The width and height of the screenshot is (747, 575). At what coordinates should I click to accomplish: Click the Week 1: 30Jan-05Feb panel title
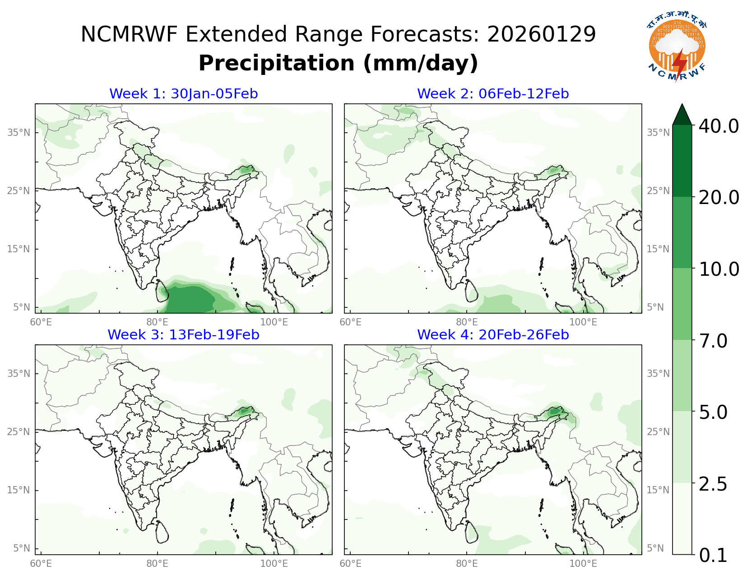click(183, 94)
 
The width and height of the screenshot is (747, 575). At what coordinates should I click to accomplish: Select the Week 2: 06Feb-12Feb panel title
click(493, 94)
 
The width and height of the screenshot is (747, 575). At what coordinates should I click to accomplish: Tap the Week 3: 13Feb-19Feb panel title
click(183, 335)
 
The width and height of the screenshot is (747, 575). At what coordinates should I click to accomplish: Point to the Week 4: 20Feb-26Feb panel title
click(493, 335)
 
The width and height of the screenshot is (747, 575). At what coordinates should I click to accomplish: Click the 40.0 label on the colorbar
click(719, 126)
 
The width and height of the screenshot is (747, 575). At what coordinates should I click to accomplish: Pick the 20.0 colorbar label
click(719, 197)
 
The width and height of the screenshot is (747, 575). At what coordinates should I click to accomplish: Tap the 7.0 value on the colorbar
click(713, 341)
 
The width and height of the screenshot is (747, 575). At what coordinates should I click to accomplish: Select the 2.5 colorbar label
click(713, 484)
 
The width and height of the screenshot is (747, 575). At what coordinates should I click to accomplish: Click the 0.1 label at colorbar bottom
click(713, 556)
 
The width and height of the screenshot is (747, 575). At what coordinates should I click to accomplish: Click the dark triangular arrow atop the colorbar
click(682, 115)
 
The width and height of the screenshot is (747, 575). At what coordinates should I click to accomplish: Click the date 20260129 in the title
click(541, 35)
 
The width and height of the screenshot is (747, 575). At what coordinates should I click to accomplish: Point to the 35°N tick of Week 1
click(19, 133)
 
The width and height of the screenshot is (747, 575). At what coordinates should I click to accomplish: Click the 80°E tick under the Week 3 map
click(157, 564)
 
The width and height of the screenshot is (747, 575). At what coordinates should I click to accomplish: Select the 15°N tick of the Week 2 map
click(658, 249)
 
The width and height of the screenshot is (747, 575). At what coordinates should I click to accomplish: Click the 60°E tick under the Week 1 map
click(41, 322)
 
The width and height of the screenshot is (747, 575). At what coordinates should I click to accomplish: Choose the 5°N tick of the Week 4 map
click(655, 548)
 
